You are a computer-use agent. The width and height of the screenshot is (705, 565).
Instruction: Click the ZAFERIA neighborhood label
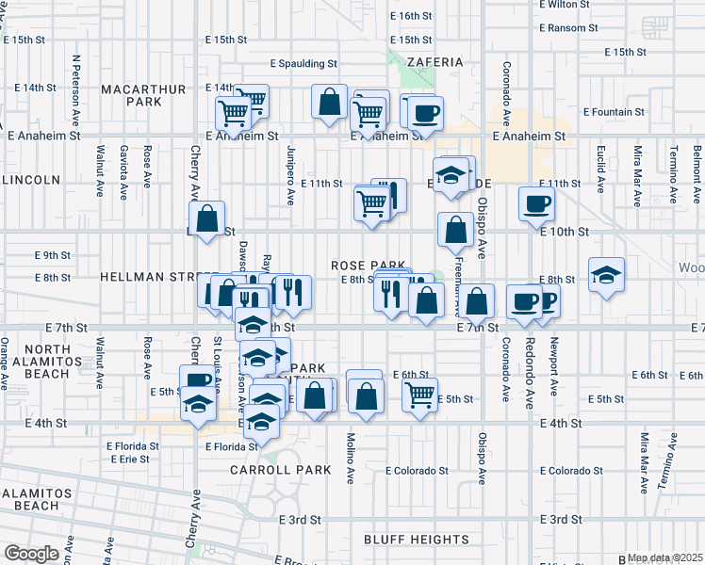434,62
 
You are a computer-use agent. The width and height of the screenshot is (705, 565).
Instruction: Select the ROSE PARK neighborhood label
368,266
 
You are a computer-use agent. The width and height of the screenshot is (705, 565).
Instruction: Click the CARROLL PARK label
281,469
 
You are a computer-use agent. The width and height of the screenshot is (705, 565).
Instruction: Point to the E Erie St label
129,459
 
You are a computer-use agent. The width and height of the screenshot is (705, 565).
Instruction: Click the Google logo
31,554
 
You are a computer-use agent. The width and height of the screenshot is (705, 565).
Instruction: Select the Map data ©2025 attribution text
665,557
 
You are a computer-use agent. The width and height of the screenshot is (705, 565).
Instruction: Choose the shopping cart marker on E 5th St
420,394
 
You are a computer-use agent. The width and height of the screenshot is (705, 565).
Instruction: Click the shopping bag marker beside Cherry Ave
209,218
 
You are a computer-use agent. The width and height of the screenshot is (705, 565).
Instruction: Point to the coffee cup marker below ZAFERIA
426,113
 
